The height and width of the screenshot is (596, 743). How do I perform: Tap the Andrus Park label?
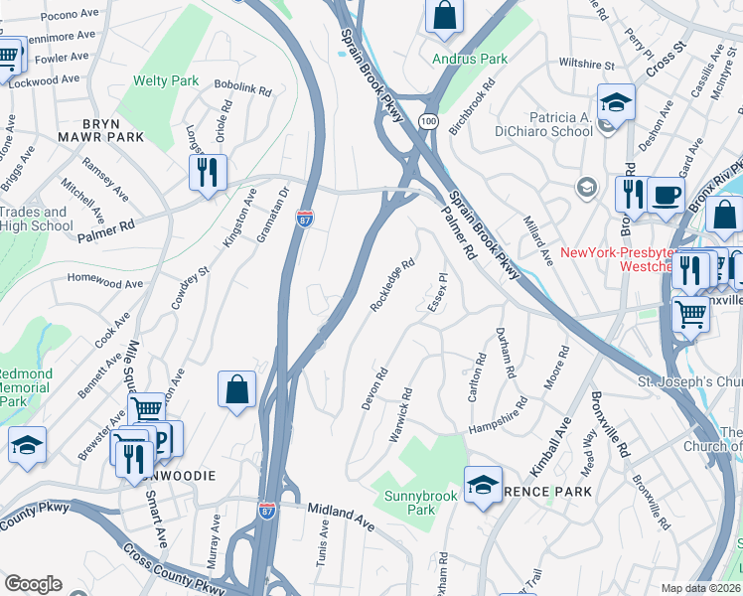pyautogui.click(x=469, y=59)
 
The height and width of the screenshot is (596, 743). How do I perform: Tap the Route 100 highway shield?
pyautogui.click(x=428, y=120)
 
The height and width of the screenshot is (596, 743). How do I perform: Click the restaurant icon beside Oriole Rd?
pyautogui.click(x=208, y=172)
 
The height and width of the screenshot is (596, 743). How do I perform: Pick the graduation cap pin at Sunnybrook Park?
pyautogui.click(x=483, y=486)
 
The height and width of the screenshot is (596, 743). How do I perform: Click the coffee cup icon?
pyautogui.click(x=667, y=194)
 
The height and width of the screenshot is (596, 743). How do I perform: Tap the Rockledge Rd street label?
pyautogui.click(x=391, y=286)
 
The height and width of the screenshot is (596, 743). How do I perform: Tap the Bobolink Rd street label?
pyautogui.click(x=242, y=89)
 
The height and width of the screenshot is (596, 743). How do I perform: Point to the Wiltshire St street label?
pyautogui.click(x=586, y=65)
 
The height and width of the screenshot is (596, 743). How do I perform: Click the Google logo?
pyautogui.click(x=33, y=584)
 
